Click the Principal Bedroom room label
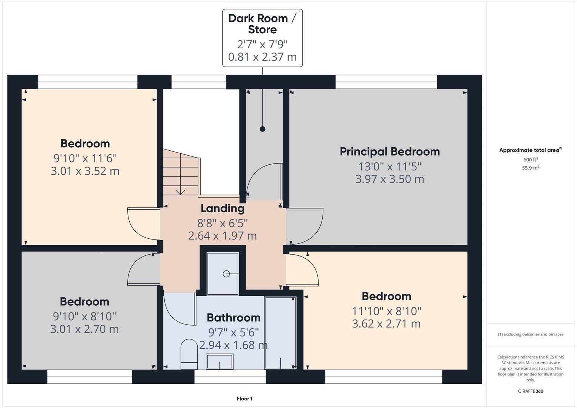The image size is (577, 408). (x=390, y=151)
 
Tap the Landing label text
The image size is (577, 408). (x=222, y=208)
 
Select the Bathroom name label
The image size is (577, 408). (x=233, y=318)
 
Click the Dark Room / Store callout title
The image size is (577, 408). (x=262, y=24)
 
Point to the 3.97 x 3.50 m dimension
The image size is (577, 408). (x=390, y=179)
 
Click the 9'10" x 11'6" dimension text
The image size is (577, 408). (x=85, y=158)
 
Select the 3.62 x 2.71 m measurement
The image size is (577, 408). (x=386, y=324)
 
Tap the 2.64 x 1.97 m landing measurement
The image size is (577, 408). (x=222, y=236)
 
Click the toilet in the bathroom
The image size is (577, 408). (x=189, y=354)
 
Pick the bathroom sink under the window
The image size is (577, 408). (x=219, y=362)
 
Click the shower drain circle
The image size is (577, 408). (x=226, y=274)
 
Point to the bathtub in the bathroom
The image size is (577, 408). (x=280, y=332)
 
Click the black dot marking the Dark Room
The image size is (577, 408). (x=262, y=129)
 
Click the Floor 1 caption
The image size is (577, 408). (x=244, y=399)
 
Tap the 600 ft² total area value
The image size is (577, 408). (x=530, y=160)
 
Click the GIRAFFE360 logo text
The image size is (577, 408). (x=530, y=391)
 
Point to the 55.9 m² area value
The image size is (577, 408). (x=530, y=168)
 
